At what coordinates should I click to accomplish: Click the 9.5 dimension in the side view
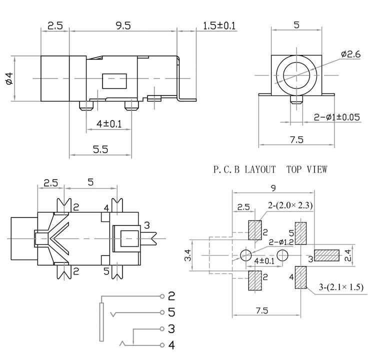click(x=123, y=25)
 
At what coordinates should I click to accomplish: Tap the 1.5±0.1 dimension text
click(x=219, y=25)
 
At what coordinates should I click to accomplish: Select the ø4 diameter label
click(x=9, y=78)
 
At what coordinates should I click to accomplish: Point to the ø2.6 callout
click(x=350, y=54)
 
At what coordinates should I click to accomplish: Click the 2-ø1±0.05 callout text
click(x=336, y=117)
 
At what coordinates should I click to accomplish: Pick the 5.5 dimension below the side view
click(x=100, y=149)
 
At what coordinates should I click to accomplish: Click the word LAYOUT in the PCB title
click(x=260, y=169)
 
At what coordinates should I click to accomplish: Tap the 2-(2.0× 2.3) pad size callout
click(x=290, y=205)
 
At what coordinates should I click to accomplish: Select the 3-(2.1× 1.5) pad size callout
click(x=341, y=286)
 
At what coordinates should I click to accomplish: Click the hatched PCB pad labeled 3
click(x=326, y=255)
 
